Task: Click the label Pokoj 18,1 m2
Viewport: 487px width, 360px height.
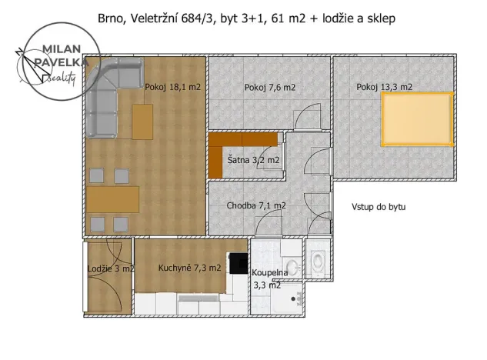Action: click(x=172, y=88)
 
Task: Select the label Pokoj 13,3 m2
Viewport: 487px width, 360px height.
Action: click(x=384, y=88)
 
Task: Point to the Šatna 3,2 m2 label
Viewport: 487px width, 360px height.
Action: click(x=253, y=161)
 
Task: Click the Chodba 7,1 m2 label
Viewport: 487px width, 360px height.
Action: click(x=256, y=205)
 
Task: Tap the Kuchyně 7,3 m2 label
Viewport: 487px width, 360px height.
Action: click(x=189, y=268)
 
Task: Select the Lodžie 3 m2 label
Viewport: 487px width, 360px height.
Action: click(x=111, y=268)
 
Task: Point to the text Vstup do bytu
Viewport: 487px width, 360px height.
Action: click(x=379, y=207)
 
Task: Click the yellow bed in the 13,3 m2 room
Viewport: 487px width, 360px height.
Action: click(x=417, y=119)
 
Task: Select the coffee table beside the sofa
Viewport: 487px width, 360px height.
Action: click(x=142, y=122)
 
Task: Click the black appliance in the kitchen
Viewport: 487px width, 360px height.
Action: click(x=238, y=264)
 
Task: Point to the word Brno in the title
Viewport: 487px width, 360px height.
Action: click(x=111, y=18)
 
